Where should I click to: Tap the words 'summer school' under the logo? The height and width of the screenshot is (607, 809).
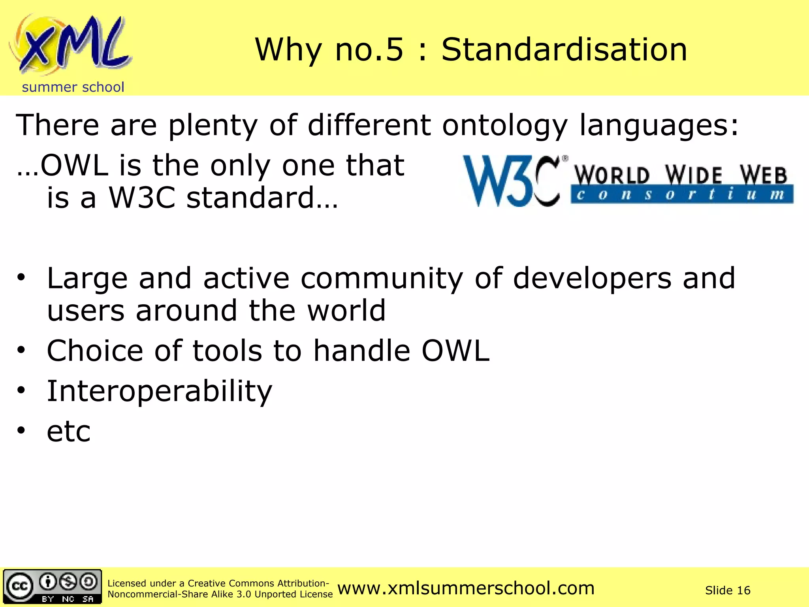tap(73, 87)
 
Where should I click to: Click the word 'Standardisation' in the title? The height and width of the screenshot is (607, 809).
tap(564, 50)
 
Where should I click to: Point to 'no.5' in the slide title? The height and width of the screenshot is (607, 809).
tap(369, 50)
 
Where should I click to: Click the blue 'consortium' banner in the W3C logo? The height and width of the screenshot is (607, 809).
tap(681, 195)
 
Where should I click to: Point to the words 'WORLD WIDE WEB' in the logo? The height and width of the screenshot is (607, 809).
tap(680, 175)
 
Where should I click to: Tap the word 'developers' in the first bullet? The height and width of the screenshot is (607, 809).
tap(592, 279)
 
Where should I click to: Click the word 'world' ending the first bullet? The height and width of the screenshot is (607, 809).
tap(346, 311)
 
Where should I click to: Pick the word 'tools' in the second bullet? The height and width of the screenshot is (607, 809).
tap(227, 351)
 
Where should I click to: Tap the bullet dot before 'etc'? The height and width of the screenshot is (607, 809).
tap(21, 430)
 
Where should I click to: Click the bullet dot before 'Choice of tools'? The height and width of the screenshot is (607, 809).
tap(21, 350)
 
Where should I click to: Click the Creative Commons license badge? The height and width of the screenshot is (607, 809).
tap(53, 586)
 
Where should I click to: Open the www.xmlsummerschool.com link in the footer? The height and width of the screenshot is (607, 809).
tap(466, 588)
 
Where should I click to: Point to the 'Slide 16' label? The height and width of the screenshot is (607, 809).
tap(728, 590)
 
